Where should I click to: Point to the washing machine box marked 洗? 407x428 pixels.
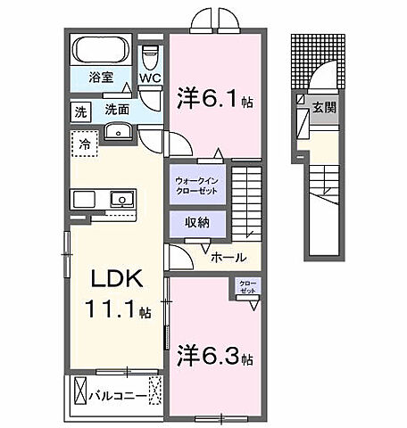click(x=79, y=112)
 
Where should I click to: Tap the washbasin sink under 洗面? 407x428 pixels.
click(x=118, y=133)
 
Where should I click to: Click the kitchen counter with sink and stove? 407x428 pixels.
click(x=104, y=199)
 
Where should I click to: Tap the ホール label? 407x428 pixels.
click(x=228, y=259)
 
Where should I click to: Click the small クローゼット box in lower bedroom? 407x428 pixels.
click(x=247, y=287)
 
